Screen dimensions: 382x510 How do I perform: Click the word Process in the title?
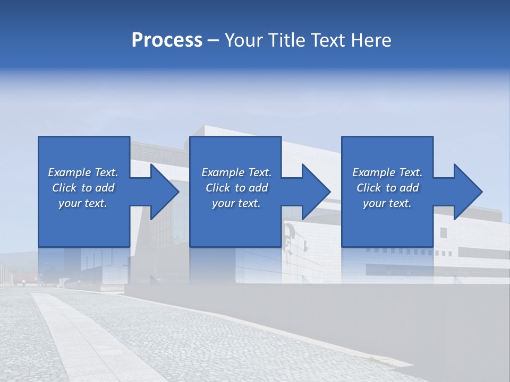pos(167,40)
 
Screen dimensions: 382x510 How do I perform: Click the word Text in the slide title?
pos(326,40)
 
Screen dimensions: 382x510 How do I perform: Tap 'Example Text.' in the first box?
pos(83,172)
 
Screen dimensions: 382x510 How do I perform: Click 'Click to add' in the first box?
pos(83,188)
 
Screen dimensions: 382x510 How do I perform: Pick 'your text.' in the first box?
pos(83,203)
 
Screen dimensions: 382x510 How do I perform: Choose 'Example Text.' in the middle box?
pos(236,172)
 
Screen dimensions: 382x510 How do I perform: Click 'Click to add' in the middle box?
pos(236,188)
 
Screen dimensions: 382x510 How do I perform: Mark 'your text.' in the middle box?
pos(236,203)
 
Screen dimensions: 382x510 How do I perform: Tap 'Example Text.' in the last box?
pos(387,172)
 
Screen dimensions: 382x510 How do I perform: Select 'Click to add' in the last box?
pos(387,188)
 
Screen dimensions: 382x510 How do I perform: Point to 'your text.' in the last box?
pos(387,203)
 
